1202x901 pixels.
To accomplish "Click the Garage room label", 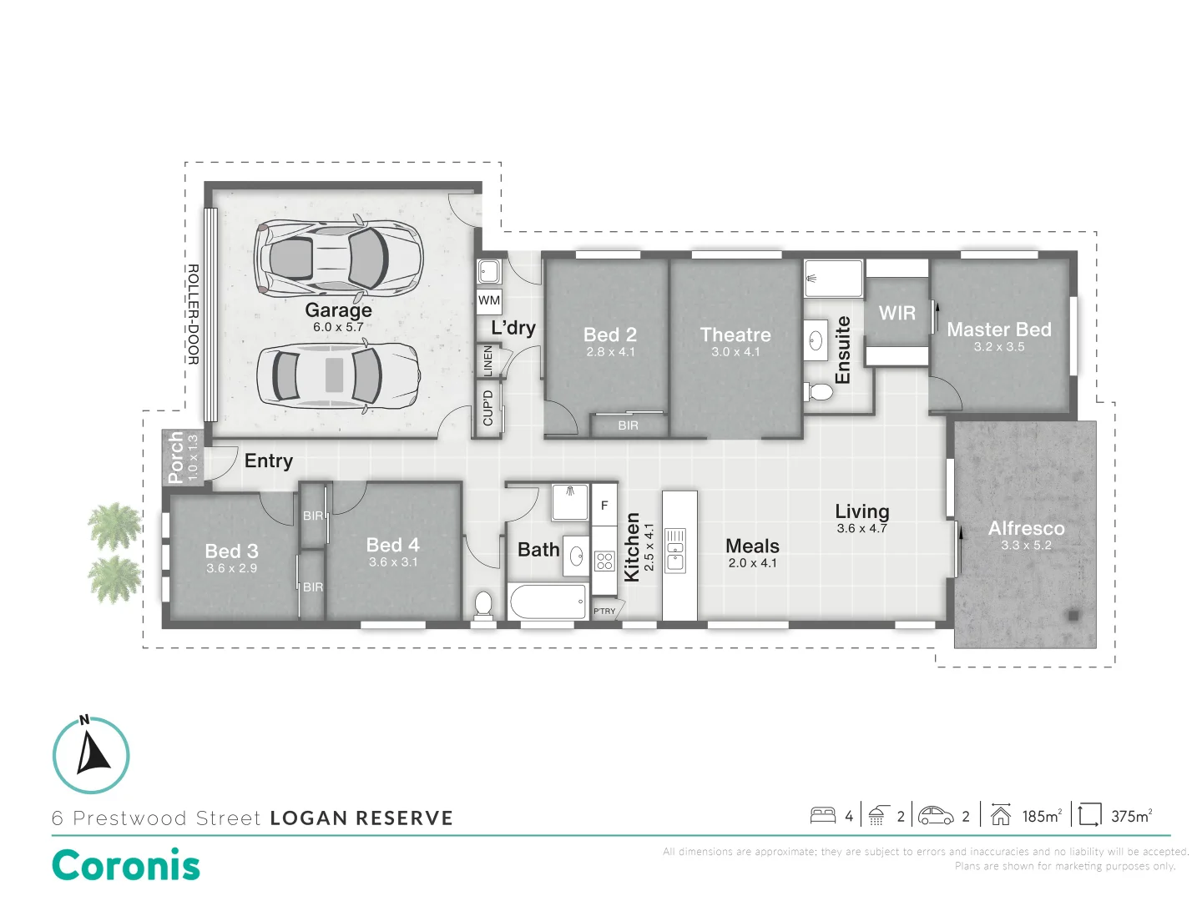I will point(338,310).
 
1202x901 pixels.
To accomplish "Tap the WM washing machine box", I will point(489,300).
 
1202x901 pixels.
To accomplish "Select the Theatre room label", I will point(735,335).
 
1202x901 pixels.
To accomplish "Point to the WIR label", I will point(897,313).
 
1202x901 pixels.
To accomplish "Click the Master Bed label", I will point(999,330).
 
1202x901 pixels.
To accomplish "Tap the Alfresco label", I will point(1026,528).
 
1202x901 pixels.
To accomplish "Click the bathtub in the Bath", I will point(548,602).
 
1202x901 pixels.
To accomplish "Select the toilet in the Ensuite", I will point(820,391).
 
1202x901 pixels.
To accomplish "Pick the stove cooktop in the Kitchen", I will point(604,561).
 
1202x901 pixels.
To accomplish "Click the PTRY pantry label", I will point(604,612).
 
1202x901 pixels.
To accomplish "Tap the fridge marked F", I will point(604,506).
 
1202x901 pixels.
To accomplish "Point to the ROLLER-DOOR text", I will point(193,315).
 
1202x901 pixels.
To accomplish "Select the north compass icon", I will point(92,754).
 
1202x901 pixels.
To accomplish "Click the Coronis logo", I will point(126,865).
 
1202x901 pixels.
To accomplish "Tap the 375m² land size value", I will point(1131,816).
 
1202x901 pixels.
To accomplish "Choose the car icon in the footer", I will point(936,815).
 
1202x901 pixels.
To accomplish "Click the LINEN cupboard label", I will point(488,360).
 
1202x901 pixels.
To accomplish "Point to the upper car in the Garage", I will point(339,256).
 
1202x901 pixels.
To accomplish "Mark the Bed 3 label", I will point(231,551).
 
